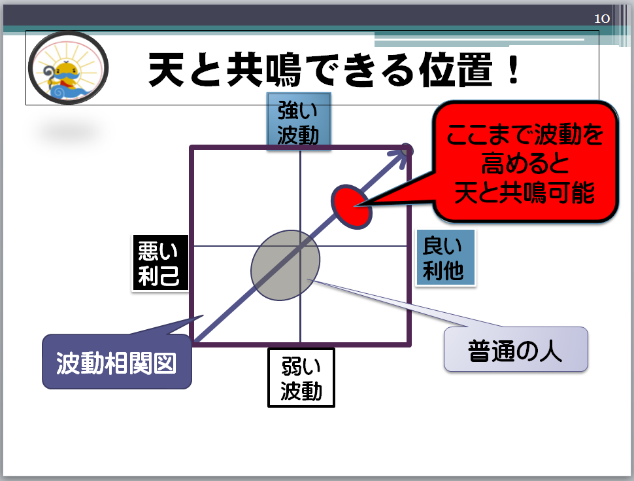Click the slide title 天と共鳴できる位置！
(333, 70)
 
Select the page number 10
(602, 18)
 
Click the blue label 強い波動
(299, 122)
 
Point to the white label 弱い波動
(301, 378)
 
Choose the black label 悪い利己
(160, 263)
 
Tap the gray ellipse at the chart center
(286, 265)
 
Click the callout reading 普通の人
(516, 350)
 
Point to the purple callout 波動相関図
(116, 362)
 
